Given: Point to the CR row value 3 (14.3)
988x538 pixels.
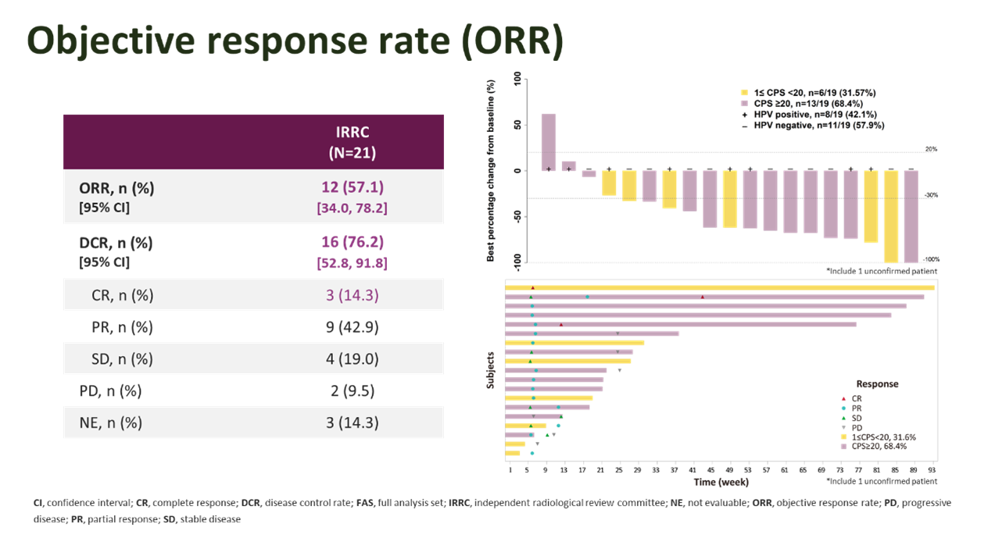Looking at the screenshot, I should [352, 296].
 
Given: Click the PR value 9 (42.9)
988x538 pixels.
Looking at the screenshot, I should [352, 328].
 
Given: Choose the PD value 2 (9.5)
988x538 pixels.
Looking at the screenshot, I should [352, 391].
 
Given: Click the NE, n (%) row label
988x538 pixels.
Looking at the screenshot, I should [110, 423].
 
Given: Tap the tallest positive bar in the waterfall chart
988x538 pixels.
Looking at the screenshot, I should [549, 142].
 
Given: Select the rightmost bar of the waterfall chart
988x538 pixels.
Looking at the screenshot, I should [911, 216].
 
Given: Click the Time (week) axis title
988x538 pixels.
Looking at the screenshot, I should [721, 483].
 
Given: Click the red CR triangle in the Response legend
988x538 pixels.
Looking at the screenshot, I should [843, 398].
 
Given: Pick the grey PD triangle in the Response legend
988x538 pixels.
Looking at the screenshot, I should [843, 427].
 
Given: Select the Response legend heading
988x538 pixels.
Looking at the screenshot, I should [877, 384].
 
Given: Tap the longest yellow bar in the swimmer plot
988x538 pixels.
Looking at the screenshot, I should [719, 288].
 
